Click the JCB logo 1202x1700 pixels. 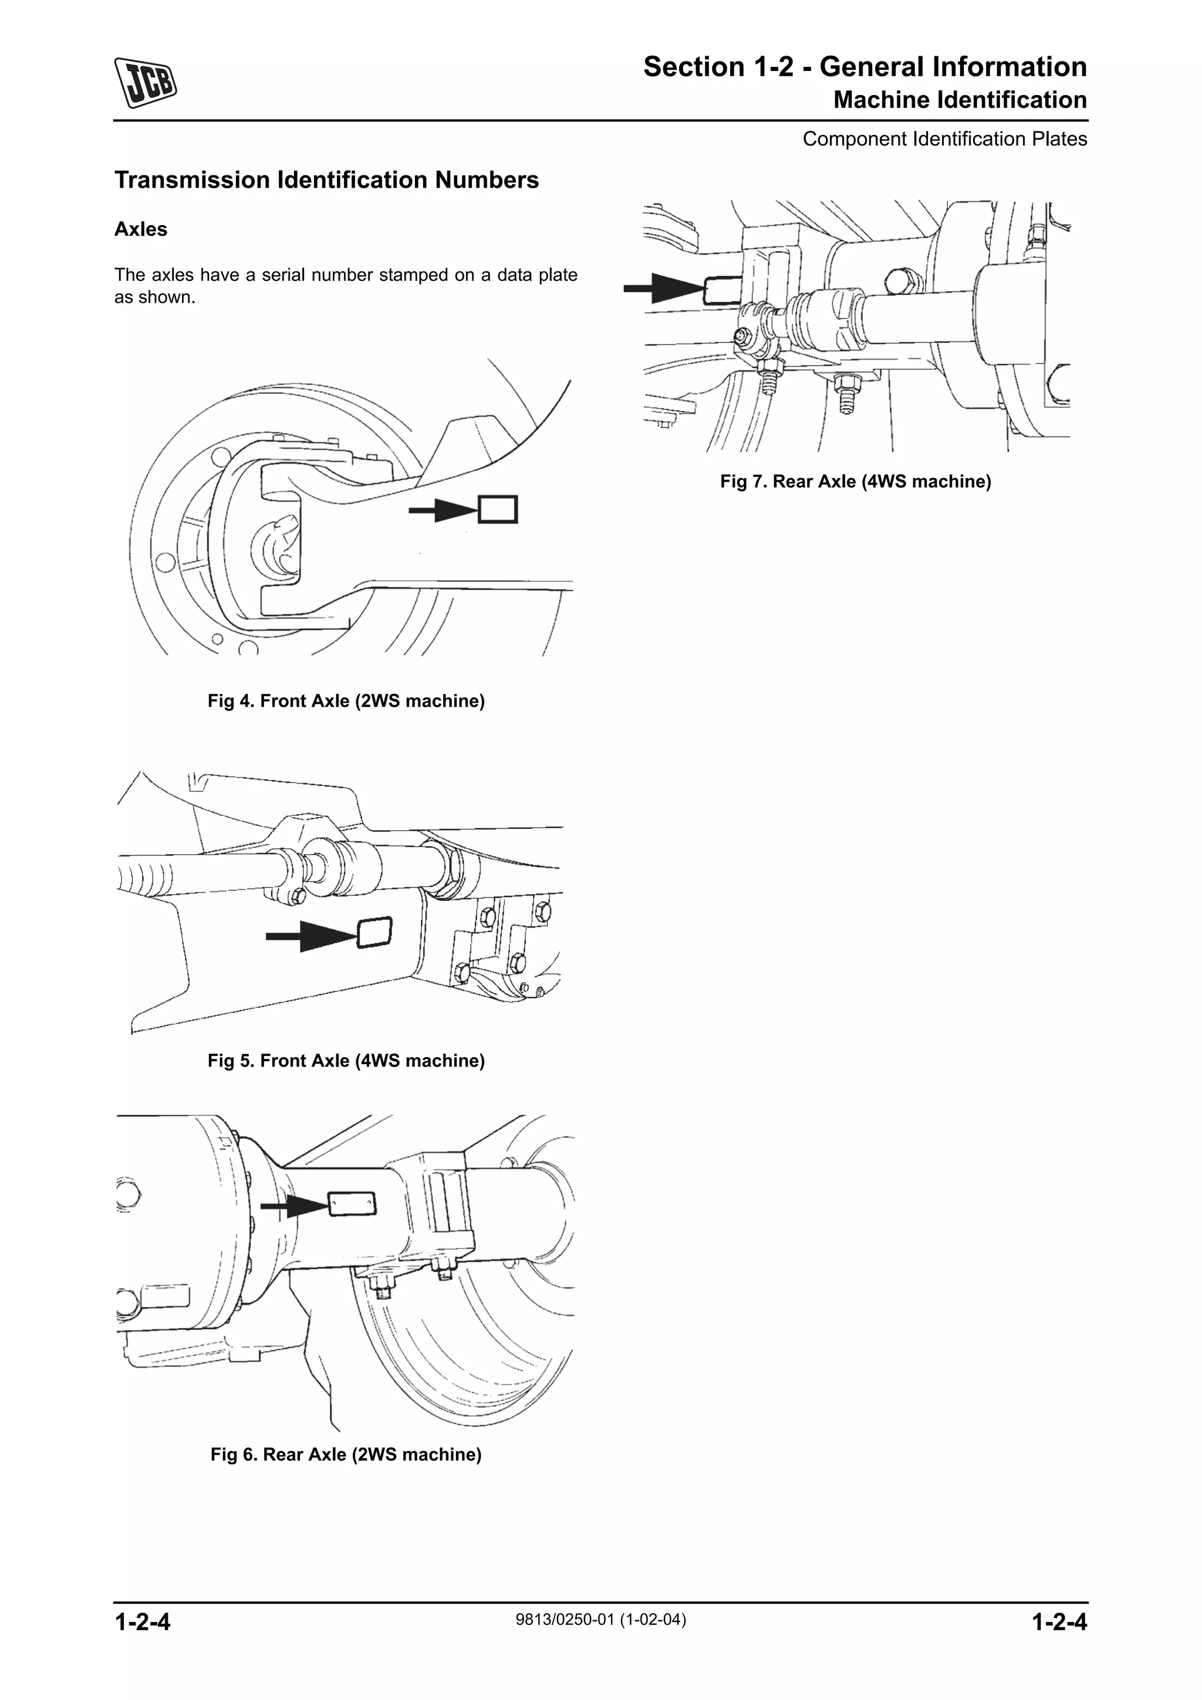coord(145,82)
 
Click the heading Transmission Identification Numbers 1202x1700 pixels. coord(326,180)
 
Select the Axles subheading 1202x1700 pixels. coord(141,229)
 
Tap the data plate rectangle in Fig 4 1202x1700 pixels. coord(498,509)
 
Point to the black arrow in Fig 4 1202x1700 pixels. coord(444,509)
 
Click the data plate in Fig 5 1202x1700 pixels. coord(375,932)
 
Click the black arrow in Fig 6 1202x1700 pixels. coord(295,1206)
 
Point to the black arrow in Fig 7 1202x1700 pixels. coord(664,288)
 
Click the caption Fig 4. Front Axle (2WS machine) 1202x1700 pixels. coord(346,700)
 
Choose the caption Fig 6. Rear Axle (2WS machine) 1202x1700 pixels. coord(346,1454)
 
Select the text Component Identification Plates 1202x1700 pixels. coord(945,139)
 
